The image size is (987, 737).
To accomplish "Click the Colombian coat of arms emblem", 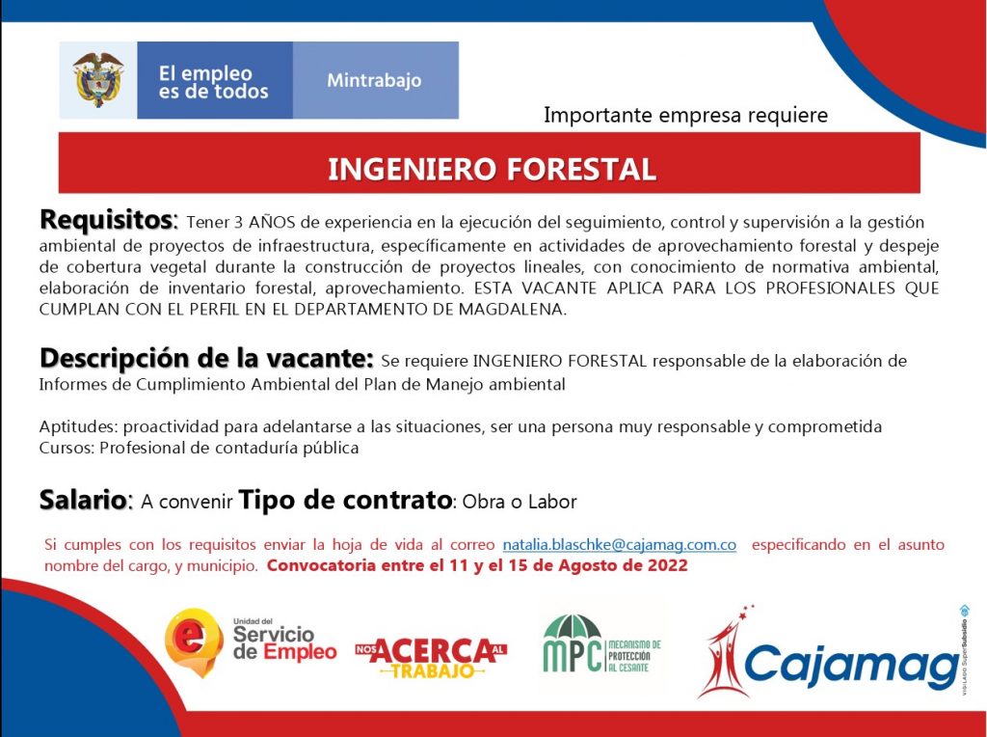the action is [97, 79].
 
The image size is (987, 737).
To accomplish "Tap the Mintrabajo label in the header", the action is [374, 81].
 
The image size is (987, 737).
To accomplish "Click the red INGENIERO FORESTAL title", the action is [492, 169].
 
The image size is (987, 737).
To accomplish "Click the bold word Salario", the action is [85, 500].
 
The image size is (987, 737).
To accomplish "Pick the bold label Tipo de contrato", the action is [345, 500].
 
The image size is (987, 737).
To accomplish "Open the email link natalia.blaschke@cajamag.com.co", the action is [620, 544].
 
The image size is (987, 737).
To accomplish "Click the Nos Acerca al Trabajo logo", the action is [431, 657].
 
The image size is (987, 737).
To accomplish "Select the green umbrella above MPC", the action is [573, 626].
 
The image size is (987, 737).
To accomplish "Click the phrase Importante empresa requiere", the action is [685, 115].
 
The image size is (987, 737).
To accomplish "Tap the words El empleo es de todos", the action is [213, 83].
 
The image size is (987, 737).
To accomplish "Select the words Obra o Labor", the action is [520, 502].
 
